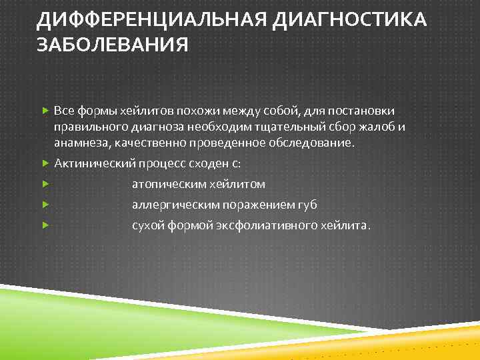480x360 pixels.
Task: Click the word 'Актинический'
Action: click(x=95, y=162)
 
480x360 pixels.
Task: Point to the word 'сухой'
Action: click(x=147, y=225)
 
